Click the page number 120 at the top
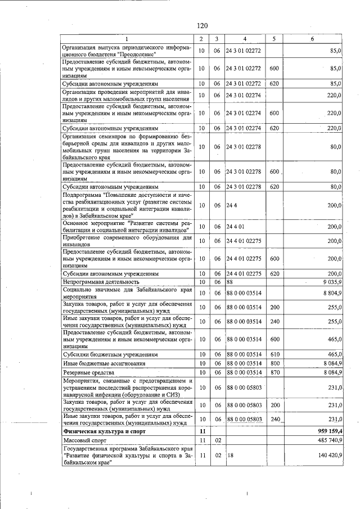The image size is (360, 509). (x=203, y=25)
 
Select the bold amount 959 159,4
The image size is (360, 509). (x=329, y=431)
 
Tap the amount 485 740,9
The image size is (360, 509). (x=328, y=440)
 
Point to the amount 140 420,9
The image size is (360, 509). (x=328, y=454)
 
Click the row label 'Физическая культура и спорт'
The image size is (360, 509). (x=98, y=431)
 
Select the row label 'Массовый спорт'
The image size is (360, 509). (x=84, y=441)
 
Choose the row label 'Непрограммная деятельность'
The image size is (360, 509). (x=101, y=281)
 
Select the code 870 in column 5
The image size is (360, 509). (x=274, y=372)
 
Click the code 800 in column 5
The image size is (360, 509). (x=274, y=364)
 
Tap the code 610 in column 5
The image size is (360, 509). (x=274, y=355)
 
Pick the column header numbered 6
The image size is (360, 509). (x=313, y=39)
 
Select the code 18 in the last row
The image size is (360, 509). (x=229, y=454)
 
